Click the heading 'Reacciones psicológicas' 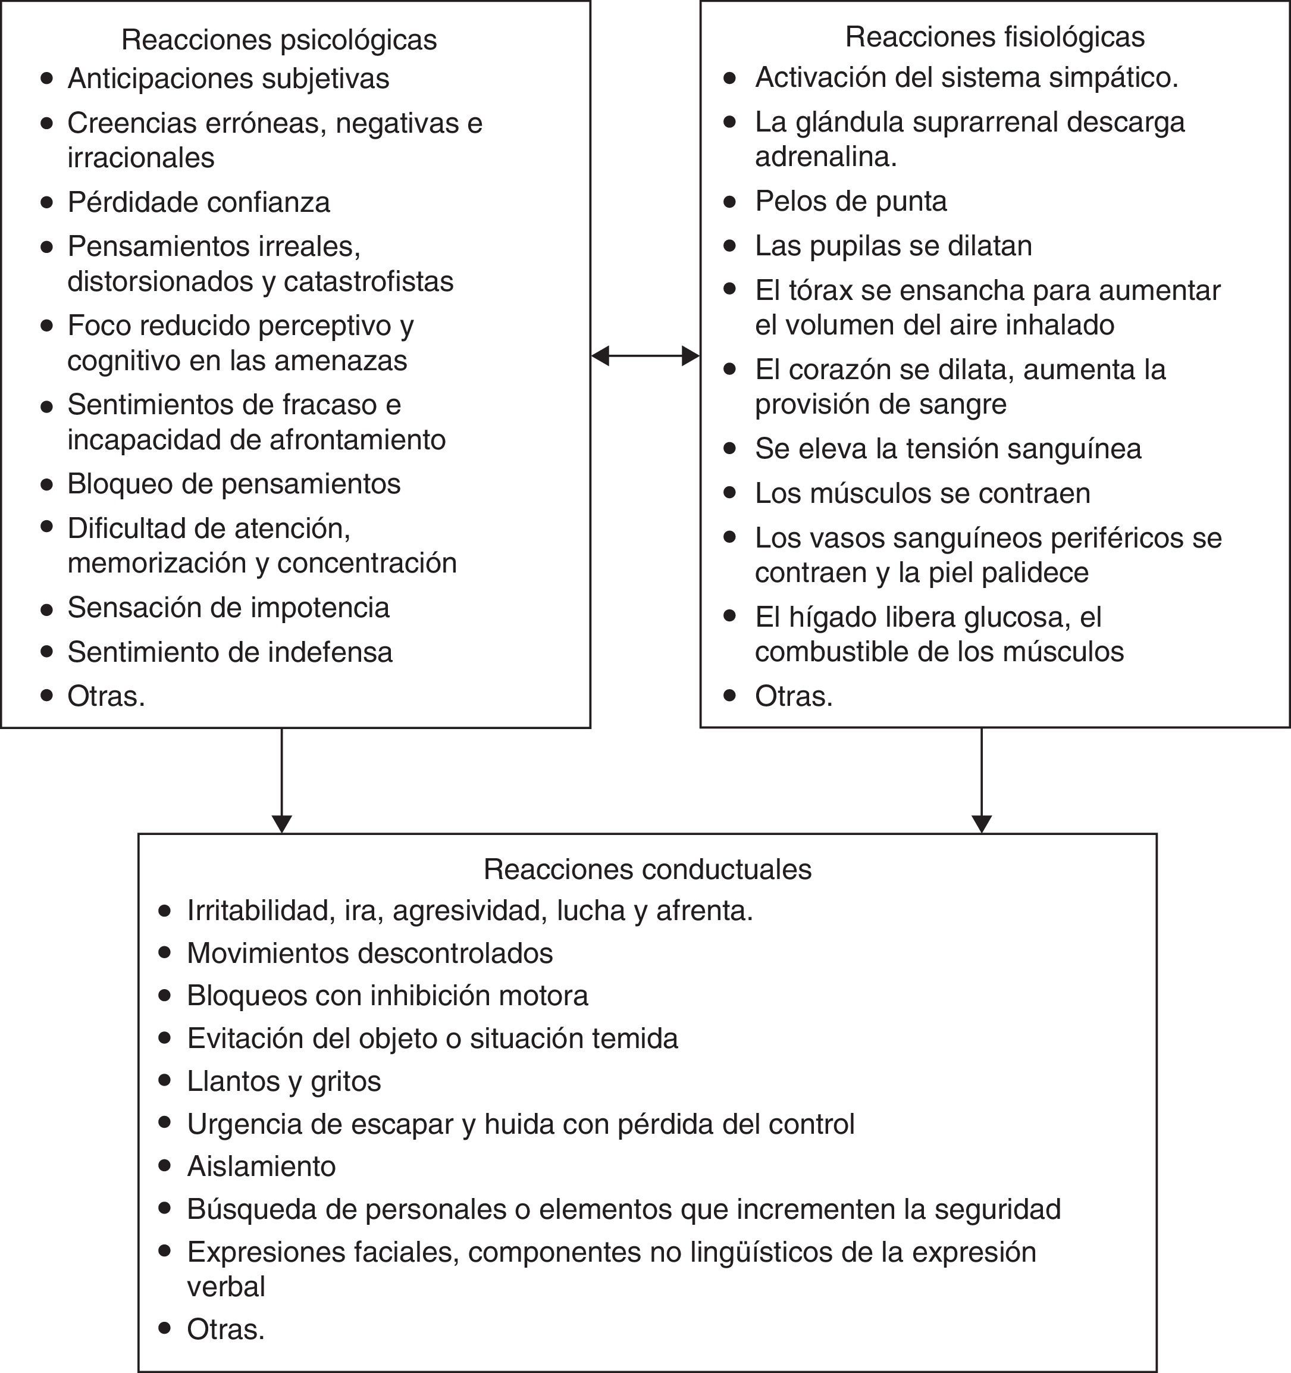pyautogui.click(x=279, y=40)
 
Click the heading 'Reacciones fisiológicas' pyautogui.click(x=995, y=37)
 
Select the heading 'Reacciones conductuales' pyautogui.click(x=647, y=869)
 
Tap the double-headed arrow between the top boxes pyautogui.click(x=645, y=356)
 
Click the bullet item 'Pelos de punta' pyautogui.click(x=851, y=201)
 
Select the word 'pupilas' pyautogui.click(x=853, y=246)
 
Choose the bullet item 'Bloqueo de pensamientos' pyautogui.click(x=233, y=483)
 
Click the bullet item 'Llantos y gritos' pyautogui.click(x=284, y=1081)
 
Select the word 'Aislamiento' pyautogui.click(x=261, y=1166)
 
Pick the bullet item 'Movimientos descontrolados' pyautogui.click(x=370, y=953)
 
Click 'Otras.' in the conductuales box pyautogui.click(x=225, y=1330)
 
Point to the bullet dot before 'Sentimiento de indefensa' pyautogui.click(x=47, y=651)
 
